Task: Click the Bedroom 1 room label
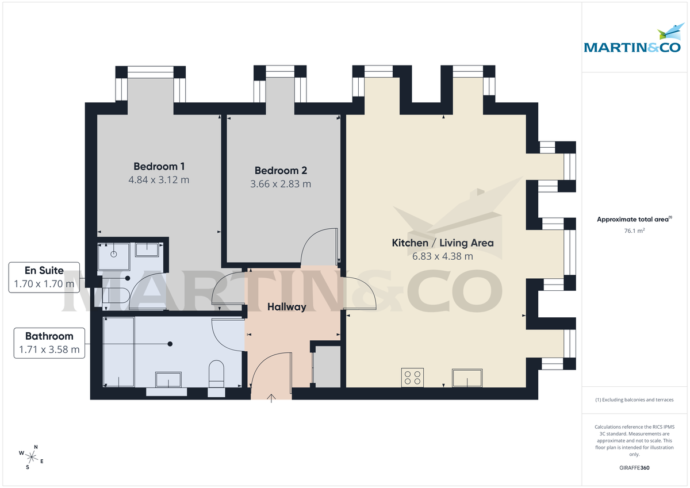pos(159,167)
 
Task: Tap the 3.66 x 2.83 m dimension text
pos(281,184)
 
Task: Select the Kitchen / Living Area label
pos(443,243)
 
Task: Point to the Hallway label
pos(287,307)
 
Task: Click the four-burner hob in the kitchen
pos(413,378)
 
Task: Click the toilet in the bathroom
pos(216,374)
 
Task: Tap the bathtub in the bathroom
pos(119,351)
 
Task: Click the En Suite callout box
pos(44,277)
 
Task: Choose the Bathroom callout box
pos(49,343)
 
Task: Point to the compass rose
pos(32,458)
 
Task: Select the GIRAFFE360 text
pos(634,468)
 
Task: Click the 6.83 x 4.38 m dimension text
pos(443,256)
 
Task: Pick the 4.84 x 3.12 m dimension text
pos(159,180)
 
